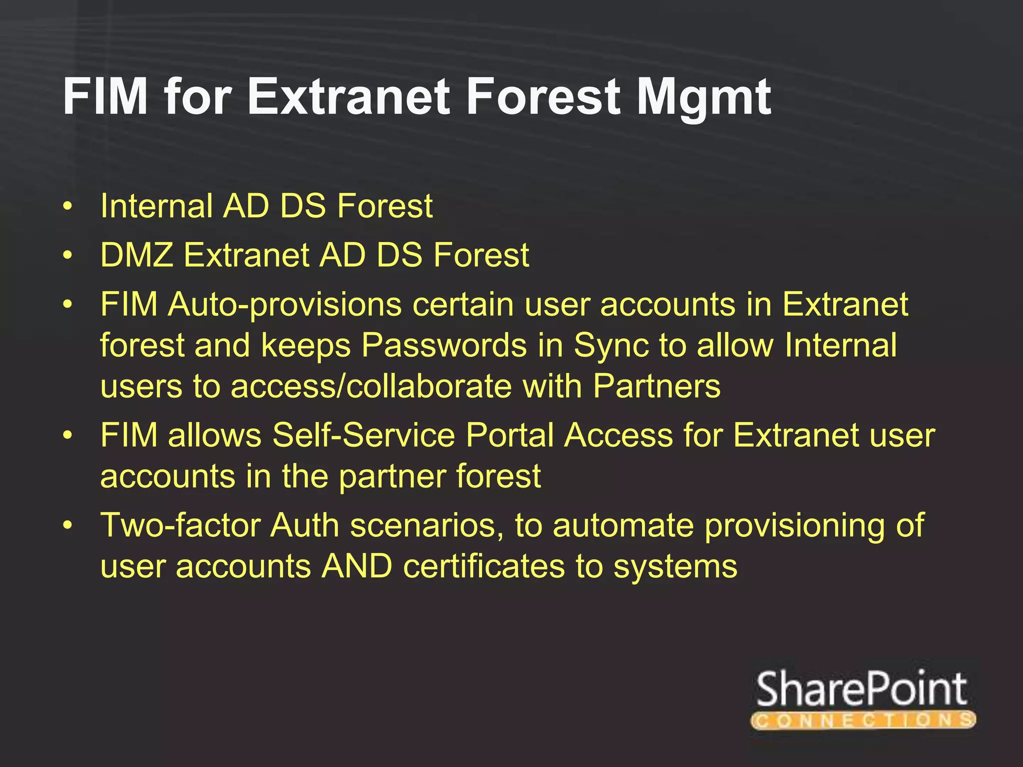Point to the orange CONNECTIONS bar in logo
coord(863,720)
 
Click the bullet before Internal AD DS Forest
coord(68,206)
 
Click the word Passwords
coord(444,346)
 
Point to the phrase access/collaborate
coord(371,386)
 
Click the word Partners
coord(657,386)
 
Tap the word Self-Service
coord(364,435)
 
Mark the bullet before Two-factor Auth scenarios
coord(68,526)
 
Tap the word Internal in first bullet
coord(156,206)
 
